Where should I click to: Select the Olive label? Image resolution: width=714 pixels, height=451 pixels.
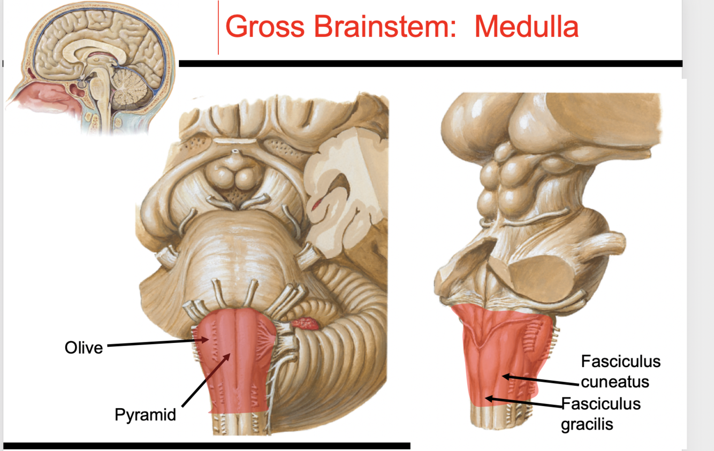point(83,348)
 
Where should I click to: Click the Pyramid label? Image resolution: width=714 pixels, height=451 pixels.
point(145,414)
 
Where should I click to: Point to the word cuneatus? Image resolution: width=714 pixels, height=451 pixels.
point(615,382)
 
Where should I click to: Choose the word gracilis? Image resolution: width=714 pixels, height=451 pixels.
point(587,424)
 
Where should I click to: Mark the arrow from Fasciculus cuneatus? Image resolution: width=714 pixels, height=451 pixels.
point(541,381)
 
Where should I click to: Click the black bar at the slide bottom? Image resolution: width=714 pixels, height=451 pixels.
point(207,445)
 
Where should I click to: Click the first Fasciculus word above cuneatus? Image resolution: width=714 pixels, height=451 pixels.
point(621,362)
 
